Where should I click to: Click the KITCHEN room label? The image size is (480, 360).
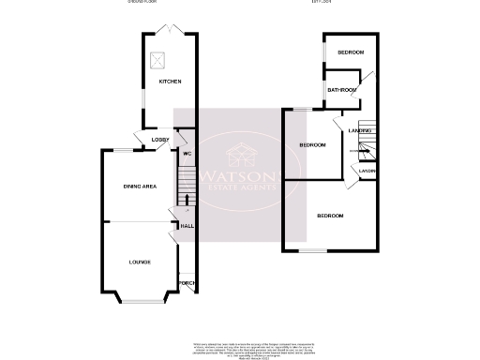(x=170, y=82)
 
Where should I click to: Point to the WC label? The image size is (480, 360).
(x=187, y=153)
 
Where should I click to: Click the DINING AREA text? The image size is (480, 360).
(x=140, y=187)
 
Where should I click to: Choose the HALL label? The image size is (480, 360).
(x=187, y=226)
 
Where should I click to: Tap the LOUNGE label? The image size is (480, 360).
(x=140, y=262)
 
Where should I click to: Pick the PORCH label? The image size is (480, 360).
(x=186, y=284)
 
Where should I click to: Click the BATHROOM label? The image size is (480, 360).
(x=342, y=90)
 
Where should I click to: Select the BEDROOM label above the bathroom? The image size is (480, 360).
(x=351, y=52)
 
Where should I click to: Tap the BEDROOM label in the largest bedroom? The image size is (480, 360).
(x=329, y=217)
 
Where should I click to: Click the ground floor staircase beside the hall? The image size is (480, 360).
(x=184, y=187)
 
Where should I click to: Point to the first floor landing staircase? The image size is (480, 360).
(x=366, y=147)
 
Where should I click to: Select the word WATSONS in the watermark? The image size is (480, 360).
(x=240, y=176)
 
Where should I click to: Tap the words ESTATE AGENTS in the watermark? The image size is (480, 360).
(x=241, y=189)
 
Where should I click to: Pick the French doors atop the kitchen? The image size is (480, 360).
(x=170, y=32)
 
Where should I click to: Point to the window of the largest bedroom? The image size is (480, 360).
(x=312, y=250)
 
